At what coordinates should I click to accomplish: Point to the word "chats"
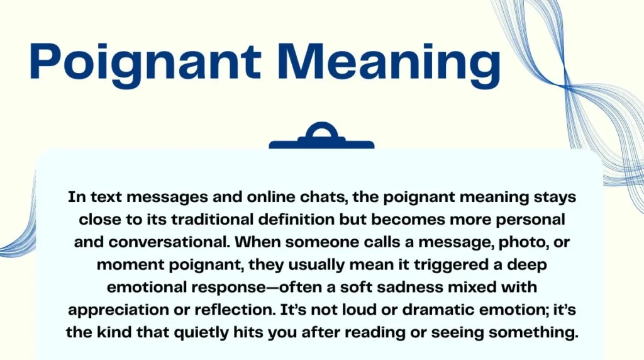point(320,198)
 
